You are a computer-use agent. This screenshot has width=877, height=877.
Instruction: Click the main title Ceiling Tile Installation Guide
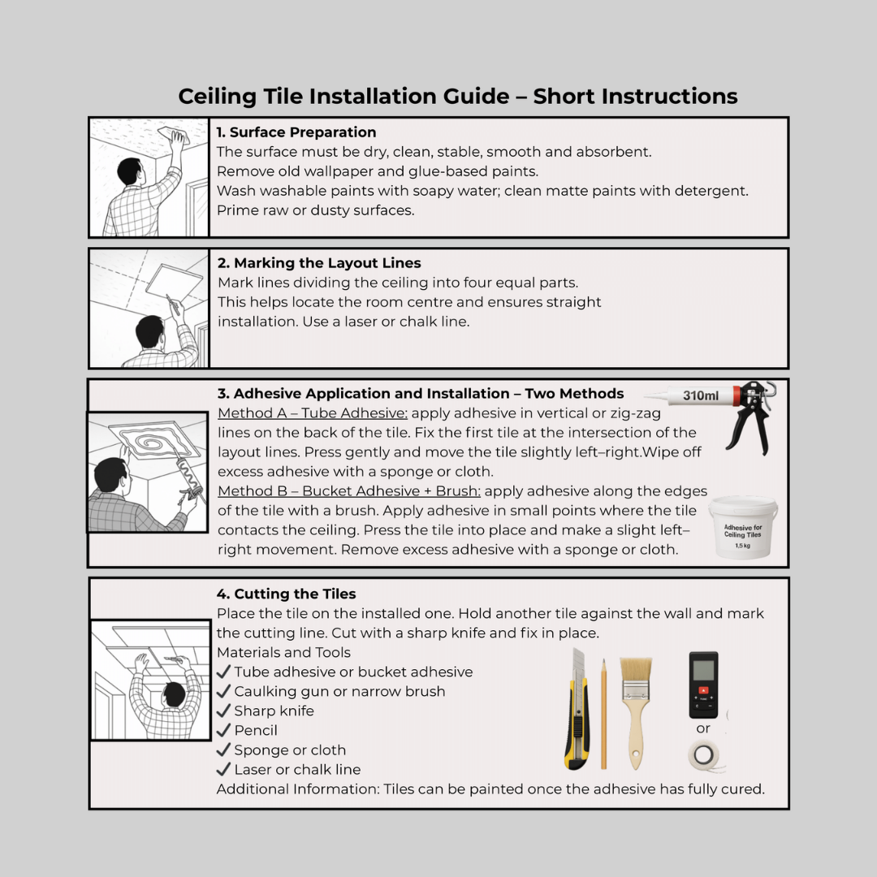click(x=457, y=97)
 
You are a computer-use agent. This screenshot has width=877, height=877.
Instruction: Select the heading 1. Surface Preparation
click(x=296, y=132)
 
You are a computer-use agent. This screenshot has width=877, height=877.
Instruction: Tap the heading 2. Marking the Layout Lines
click(x=318, y=263)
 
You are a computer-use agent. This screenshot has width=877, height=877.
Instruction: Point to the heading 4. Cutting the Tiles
click(x=286, y=594)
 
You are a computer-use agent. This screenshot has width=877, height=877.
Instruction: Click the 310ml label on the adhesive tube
click(x=700, y=395)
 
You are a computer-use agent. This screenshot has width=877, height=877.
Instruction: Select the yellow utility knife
click(x=577, y=711)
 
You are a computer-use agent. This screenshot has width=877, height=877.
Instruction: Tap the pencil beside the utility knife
click(x=603, y=715)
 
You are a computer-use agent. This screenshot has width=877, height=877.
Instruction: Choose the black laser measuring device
click(x=703, y=684)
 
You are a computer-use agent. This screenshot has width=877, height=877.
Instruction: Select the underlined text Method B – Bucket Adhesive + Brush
click(x=349, y=490)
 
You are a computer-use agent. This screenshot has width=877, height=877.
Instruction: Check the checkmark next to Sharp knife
click(x=223, y=711)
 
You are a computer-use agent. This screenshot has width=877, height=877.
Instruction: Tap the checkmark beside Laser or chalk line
click(x=223, y=769)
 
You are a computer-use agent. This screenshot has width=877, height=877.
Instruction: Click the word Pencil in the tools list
click(x=256, y=730)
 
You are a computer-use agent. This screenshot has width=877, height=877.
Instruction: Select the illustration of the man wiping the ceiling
click(x=149, y=177)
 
